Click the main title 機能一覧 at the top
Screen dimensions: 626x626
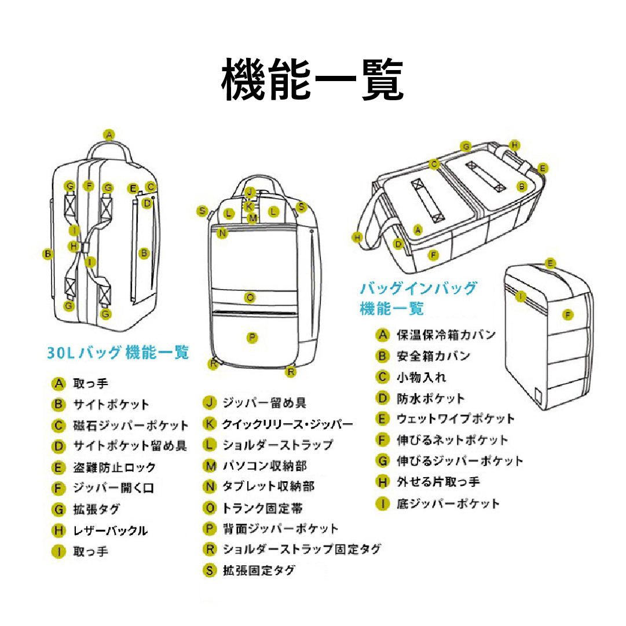click(312, 79)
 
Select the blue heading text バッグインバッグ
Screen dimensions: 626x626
click(418, 288)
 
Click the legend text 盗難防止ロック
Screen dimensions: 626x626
click(115, 467)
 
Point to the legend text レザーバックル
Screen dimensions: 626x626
click(110, 530)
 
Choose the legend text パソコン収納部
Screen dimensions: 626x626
click(265, 466)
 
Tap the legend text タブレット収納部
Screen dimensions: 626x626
click(269, 486)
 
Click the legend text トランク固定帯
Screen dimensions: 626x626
click(263, 508)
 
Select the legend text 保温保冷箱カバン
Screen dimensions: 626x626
click(446, 335)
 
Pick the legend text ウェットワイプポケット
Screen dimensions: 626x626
click(455, 419)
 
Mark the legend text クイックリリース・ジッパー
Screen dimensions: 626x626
click(288, 424)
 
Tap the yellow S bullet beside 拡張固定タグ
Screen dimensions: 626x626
click(209, 570)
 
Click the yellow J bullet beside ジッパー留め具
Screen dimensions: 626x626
click(209, 402)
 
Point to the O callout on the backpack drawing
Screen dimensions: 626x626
click(250, 298)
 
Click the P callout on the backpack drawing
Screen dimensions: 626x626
click(252, 337)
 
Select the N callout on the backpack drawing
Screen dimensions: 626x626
click(222, 233)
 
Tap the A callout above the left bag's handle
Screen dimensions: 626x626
click(109, 134)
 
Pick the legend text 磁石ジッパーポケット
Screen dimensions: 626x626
click(131, 426)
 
